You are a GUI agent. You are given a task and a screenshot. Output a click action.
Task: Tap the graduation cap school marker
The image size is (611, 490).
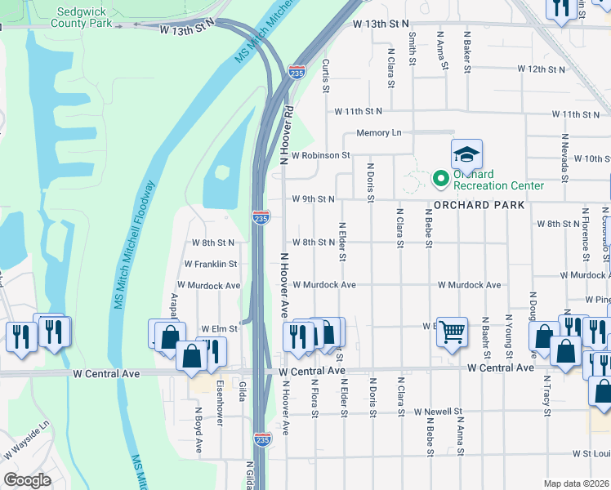click(466, 154)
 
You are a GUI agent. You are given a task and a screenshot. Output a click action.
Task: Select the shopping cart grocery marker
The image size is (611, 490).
click(452, 332)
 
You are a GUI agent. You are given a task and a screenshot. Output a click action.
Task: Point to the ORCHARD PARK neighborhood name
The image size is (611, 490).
click(479, 205)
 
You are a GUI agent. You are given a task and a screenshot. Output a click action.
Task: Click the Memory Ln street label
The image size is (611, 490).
click(378, 133)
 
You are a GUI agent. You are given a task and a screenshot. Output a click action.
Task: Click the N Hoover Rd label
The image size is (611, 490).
click(287, 135)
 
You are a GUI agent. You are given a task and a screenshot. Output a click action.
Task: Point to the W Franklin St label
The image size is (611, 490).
click(210, 265)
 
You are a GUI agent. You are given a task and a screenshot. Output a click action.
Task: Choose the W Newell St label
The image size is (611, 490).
click(437, 412)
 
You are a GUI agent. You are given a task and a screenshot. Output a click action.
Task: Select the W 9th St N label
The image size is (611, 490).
click(314, 198)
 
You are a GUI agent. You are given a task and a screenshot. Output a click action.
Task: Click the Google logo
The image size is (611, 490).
click(27, 480)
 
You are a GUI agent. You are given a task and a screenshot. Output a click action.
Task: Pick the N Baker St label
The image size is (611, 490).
click(467, 51)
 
